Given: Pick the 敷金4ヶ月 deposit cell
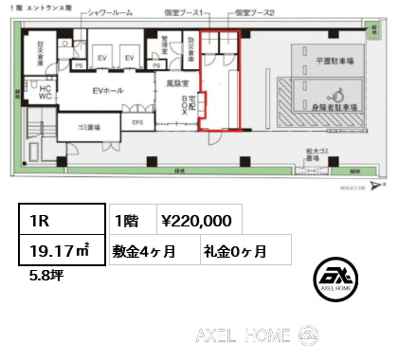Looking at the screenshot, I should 150,251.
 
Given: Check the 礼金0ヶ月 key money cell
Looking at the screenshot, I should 234,251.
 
